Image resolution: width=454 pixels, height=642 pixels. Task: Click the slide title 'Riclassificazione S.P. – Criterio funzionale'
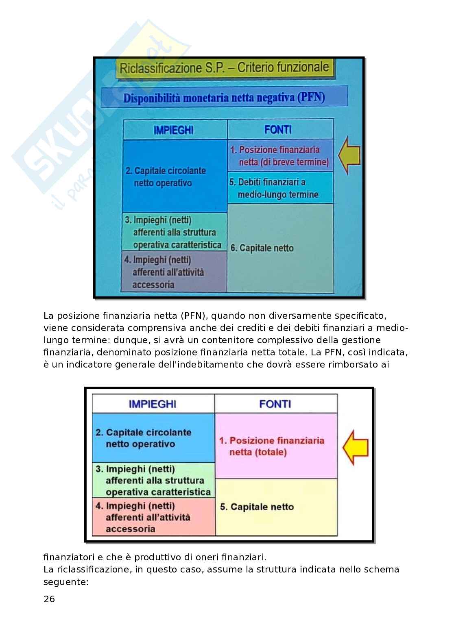point(224,68)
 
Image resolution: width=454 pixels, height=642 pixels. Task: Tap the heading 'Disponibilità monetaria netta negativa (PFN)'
point(224,98)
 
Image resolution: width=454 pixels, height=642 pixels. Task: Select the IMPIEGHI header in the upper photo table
point(174,131)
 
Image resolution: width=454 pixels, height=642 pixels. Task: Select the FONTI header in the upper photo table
point(277,130)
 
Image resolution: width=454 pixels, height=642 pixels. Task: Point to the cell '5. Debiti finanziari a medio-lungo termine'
point(280,188)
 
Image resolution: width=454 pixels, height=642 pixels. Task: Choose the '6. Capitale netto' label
point(262,248)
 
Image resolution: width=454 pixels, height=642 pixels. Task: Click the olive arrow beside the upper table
point(349,155)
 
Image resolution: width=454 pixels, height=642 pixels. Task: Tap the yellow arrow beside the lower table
point(355,447)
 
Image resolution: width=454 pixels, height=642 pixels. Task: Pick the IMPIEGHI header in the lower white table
point(152,404)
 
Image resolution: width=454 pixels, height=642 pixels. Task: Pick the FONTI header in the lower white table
point(275,404)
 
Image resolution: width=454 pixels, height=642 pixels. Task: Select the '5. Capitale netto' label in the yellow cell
point(257,507)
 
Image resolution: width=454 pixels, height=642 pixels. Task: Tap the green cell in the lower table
point(153,480)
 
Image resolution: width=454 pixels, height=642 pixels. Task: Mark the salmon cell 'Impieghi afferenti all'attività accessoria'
point(153,517)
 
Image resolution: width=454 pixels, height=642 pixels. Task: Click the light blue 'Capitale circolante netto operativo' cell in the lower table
point(153,437)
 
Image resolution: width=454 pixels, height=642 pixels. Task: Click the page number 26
point(49,599)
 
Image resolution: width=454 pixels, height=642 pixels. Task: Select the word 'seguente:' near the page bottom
point(66,582)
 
